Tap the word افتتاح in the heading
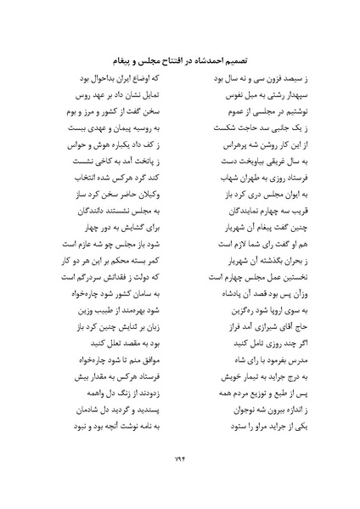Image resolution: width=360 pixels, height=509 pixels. coord(166,61)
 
